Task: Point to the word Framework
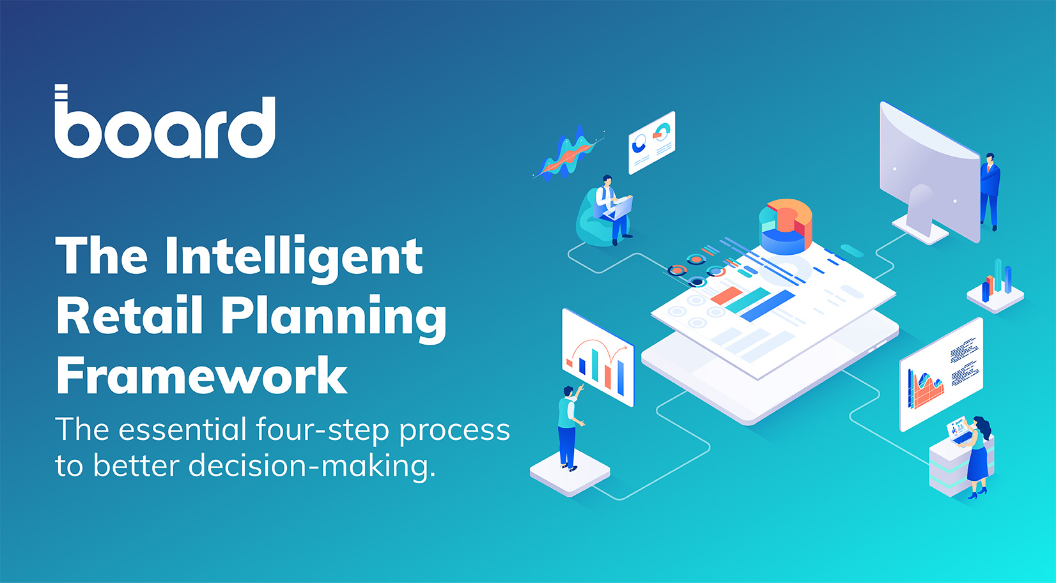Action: tap(202, 375)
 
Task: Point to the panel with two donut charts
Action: tap(651, 142)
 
